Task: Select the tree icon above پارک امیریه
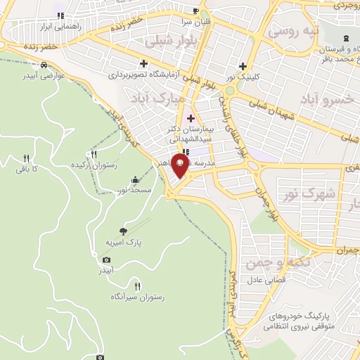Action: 124,231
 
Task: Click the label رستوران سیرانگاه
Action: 137,297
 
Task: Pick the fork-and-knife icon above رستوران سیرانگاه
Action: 137,286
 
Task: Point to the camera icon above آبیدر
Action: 106,259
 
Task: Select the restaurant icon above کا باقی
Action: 26,158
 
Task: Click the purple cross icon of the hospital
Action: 191,117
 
